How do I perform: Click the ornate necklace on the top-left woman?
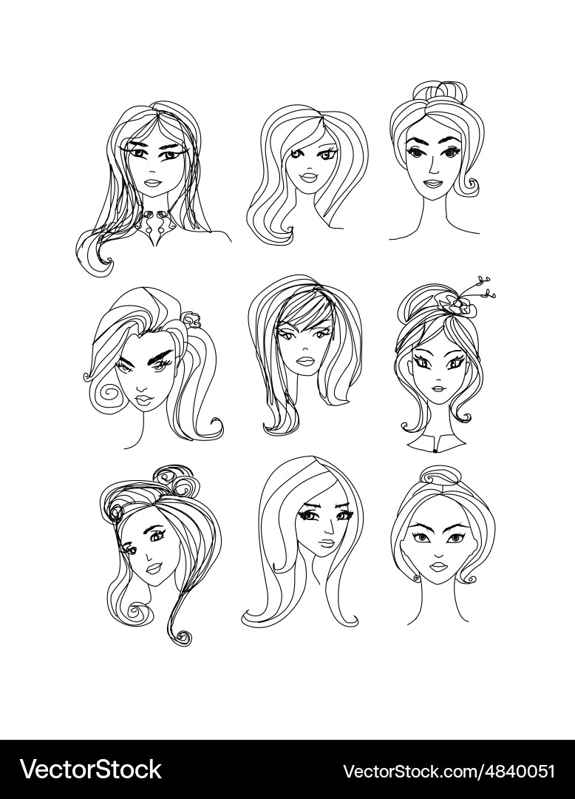(x=154, y=225)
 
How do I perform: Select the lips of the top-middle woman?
(x=308, y=176)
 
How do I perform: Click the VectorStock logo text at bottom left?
(x=91, y=769)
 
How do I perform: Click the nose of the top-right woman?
(x=430, y=166)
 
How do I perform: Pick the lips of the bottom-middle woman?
(x=328, y=543)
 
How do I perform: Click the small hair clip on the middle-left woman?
(x=191, y=320)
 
